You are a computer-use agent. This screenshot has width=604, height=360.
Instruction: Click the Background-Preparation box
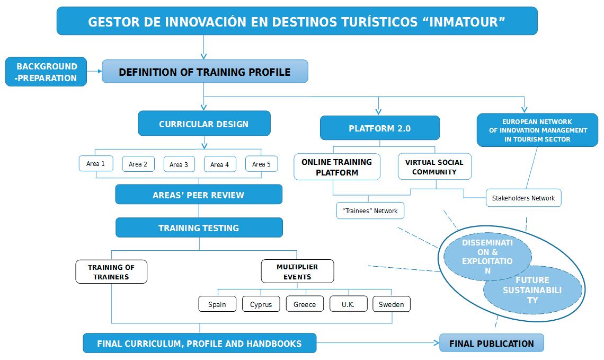tap(46, 72)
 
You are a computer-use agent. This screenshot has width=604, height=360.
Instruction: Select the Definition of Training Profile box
tap(205, 71)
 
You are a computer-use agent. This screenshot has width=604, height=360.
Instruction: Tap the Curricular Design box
tap(204, 124)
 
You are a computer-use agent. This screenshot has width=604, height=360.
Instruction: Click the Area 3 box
tap(179, 164)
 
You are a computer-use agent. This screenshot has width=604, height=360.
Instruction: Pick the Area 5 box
tap(262, 164)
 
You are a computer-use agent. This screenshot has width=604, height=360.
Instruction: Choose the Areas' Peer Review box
tap(199, 194)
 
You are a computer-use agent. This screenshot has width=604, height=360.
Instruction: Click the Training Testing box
tap(199, 227)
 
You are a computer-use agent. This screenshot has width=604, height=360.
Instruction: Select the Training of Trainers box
tap(111, 272)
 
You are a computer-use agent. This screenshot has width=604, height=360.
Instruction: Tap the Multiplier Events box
tap(297, 271)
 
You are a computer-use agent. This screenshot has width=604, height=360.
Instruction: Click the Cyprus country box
tap(261, 304)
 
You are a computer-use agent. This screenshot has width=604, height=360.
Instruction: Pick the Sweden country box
tap(392, 304)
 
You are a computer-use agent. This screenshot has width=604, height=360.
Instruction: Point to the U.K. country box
tap(348, 304)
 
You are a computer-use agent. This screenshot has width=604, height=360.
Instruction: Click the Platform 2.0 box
tap(380, 128)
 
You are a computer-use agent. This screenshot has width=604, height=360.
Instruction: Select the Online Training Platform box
tap(337, 167)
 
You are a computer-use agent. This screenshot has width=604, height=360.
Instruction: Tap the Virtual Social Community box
tap(434, 166)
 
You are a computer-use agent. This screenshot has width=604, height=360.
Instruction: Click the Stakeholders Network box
tap(523, 198)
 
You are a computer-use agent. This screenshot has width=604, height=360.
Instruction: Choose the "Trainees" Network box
tap(370, 210)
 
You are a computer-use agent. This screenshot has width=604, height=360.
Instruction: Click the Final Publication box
tap(492, 343)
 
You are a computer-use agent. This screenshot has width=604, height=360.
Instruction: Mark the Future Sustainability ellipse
tap(532, 290)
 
